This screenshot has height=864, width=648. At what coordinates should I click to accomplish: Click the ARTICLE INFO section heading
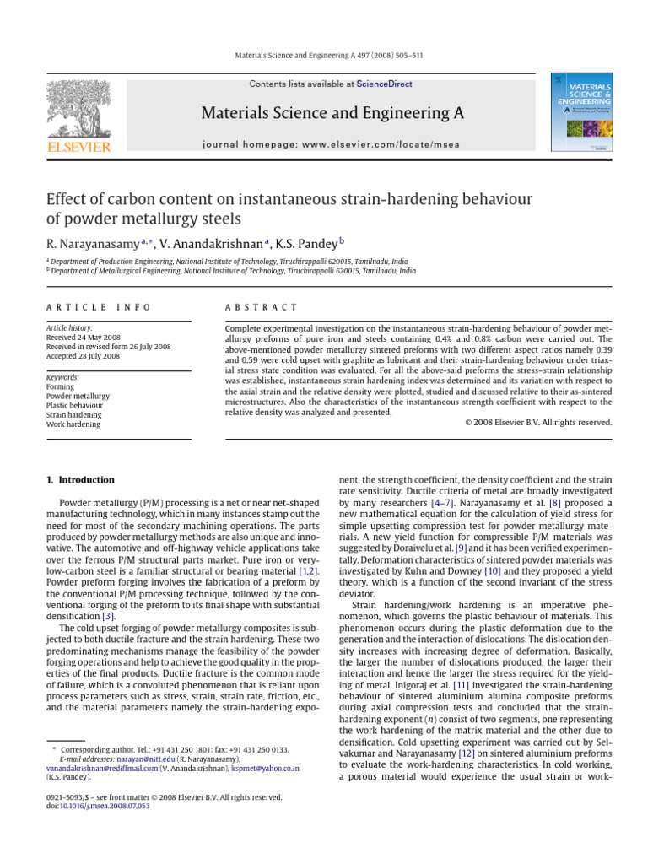[x=99, y=308]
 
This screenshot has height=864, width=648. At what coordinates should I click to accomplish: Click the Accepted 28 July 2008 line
[x=83, y=356]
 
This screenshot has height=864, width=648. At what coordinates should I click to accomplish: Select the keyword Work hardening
[x=73, y=424]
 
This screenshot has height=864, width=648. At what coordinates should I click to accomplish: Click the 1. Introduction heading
[x=80, y=480]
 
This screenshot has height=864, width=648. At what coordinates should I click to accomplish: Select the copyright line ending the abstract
[x=538, y=422]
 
